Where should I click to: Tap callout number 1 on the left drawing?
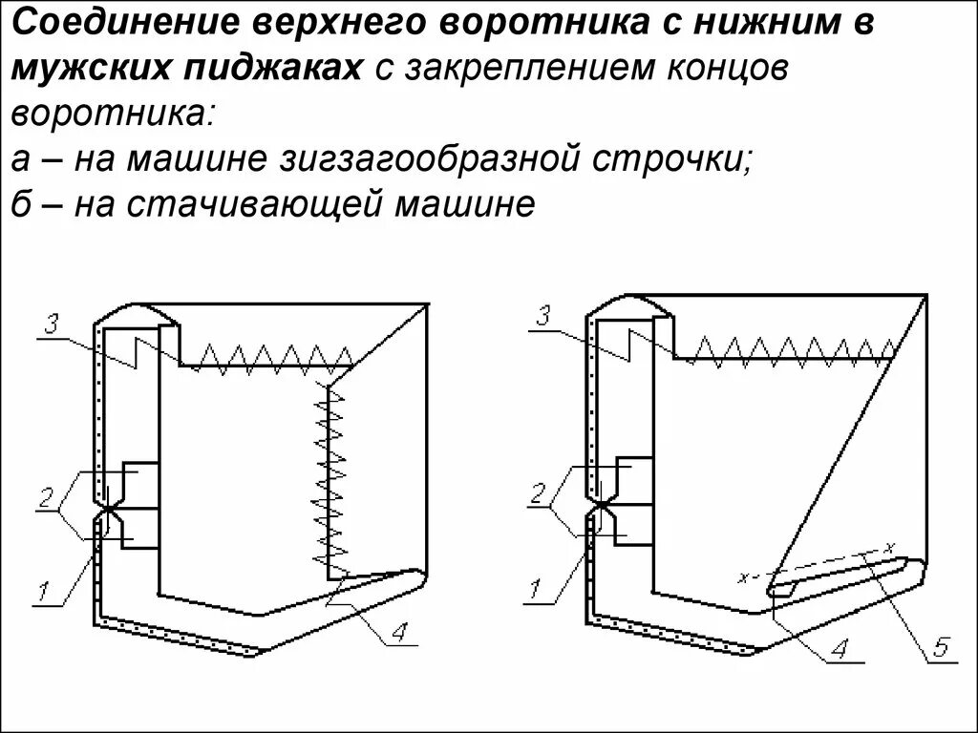pos(44,592)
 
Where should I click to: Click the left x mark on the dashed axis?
pos(742,577)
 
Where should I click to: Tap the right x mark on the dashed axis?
pos(889,547)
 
